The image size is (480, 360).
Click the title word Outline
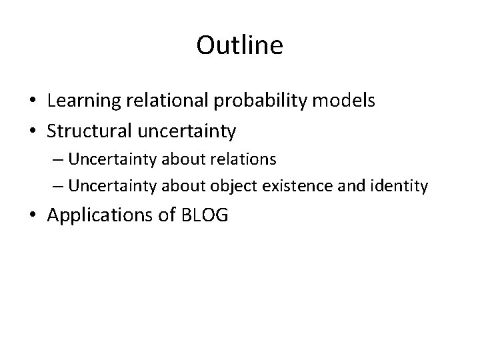tap(240, 46)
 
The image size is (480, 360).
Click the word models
tap(343, 101)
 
